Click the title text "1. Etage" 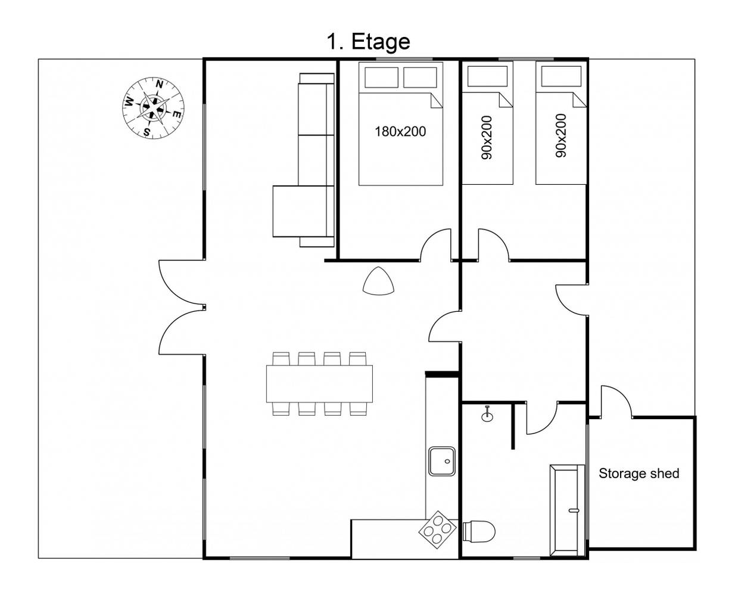pos(368,42)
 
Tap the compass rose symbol pos(153,108)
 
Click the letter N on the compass pos(159,84)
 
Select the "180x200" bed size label pos(400,132)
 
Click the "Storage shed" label pos(639,473)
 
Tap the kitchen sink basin pos(442,461)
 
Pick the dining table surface pos(319,384)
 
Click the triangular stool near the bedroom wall pos(379,281)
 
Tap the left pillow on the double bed pos(381,78)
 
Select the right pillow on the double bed pos(420,78)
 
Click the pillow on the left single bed pos(487,76)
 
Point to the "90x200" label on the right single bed pos(561,136)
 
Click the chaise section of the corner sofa pos(300,212)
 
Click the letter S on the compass pos(147,132)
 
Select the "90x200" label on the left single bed pos(486,137)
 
